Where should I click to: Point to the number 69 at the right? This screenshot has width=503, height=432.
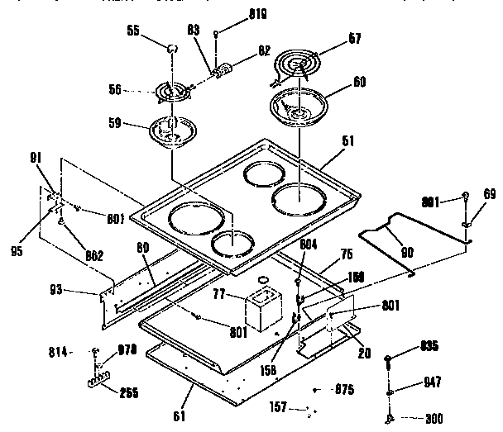(x=491, y=193)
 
